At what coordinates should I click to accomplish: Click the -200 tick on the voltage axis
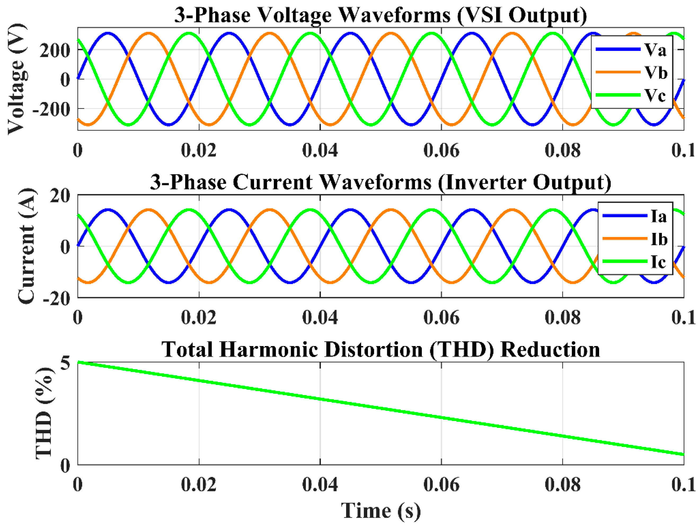[x=51, y=109]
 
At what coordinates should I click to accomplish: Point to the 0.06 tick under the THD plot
[x=441, y=484]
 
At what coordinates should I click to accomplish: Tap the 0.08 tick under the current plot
[x=563, y=317]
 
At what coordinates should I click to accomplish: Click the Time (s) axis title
[x=381, y=511]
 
